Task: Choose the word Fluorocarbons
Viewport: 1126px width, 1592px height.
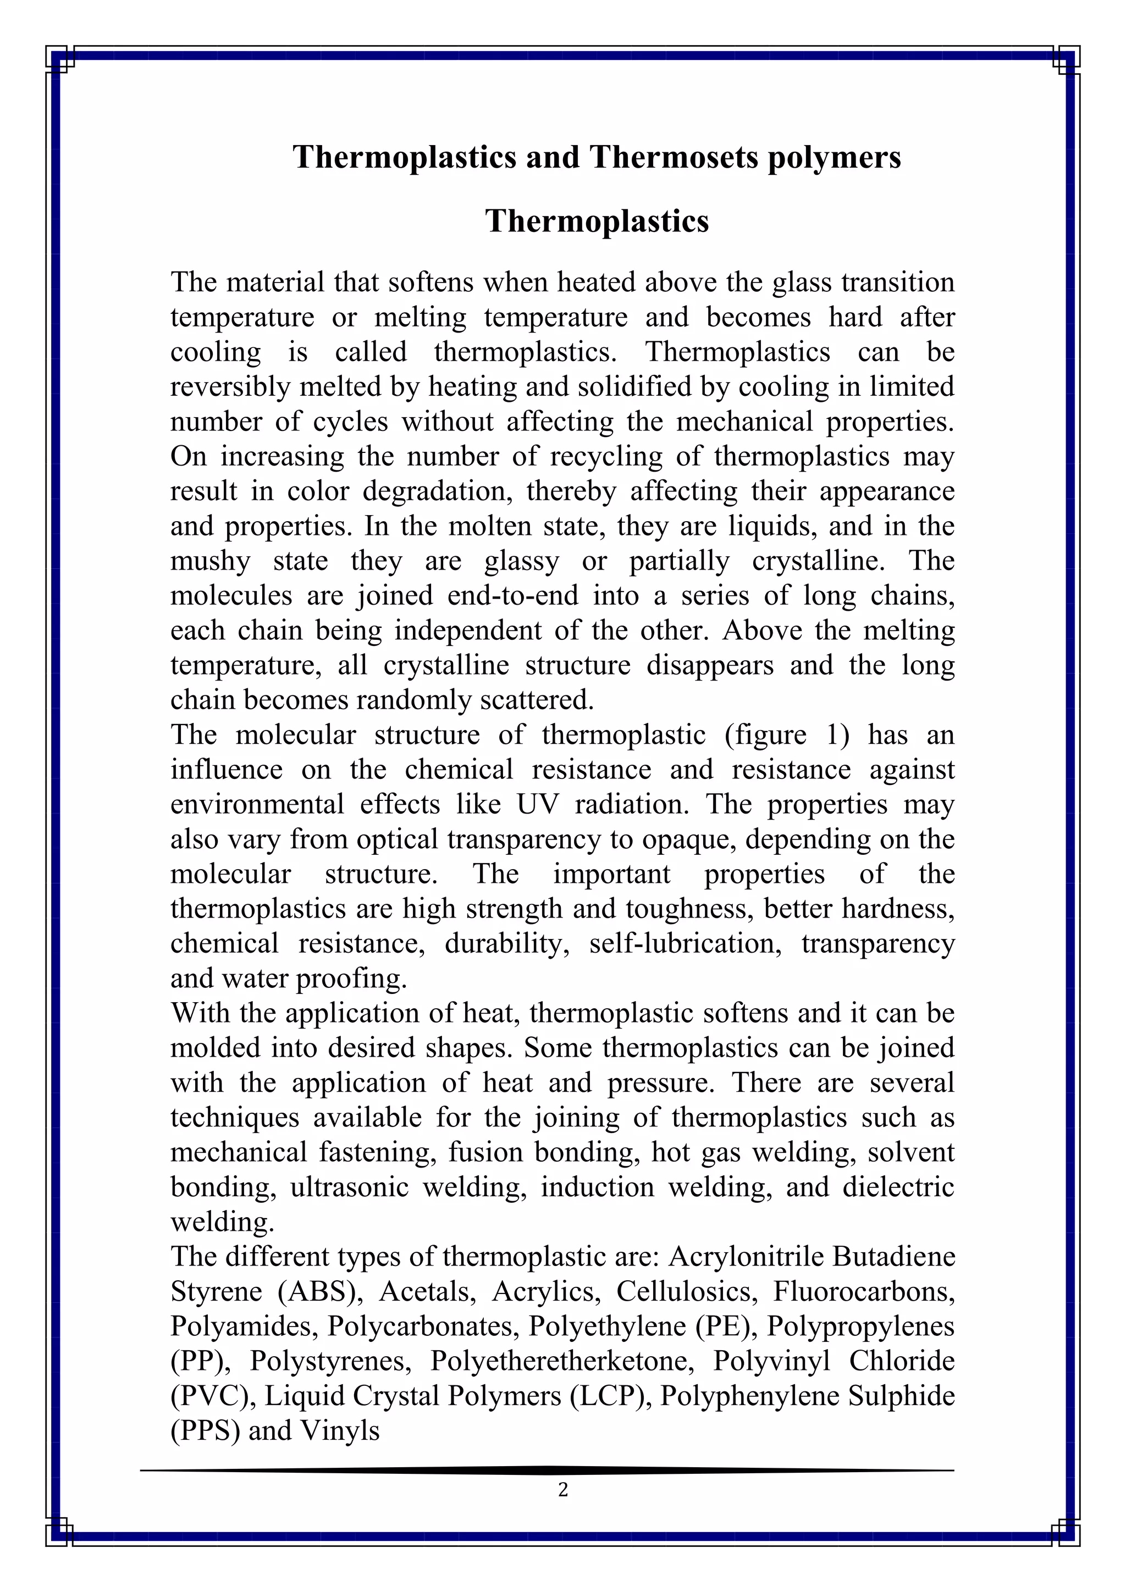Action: pos(864,1291)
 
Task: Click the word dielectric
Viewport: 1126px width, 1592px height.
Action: pos(898,1187)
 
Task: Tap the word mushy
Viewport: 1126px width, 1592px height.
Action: pos(211,561)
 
